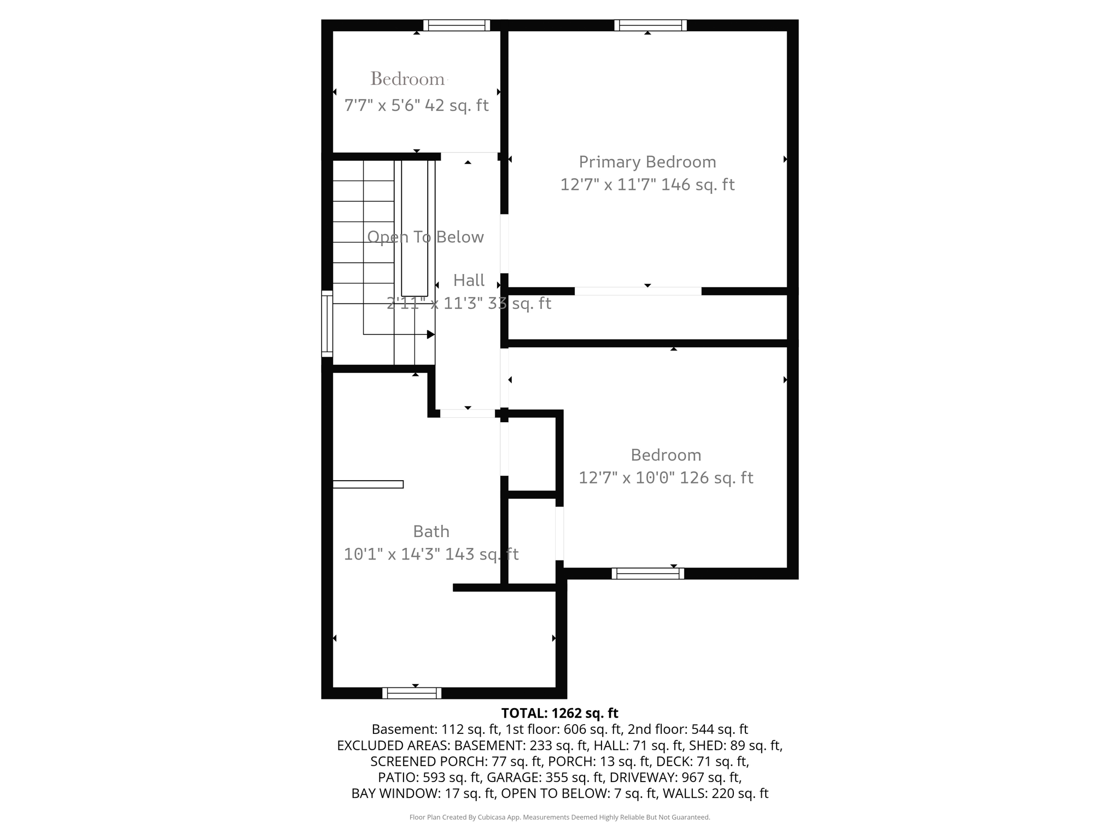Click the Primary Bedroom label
tap(647, 162)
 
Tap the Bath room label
tap(431, 531)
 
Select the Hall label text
tap(469, 280)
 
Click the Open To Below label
tap(425, 237)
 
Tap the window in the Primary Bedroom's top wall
tap(650, 25)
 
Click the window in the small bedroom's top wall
tap(456, 25)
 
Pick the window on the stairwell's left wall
tap(326, 323)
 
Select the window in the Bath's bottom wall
tap(411, 693)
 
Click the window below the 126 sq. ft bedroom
tap(647, 573)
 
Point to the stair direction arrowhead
tap(431, 334)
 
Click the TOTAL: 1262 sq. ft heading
tap(559, 713)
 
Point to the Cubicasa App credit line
tap(559, 817)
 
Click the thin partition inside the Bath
tap(367, 484)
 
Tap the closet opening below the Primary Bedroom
tap(638, 291)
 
